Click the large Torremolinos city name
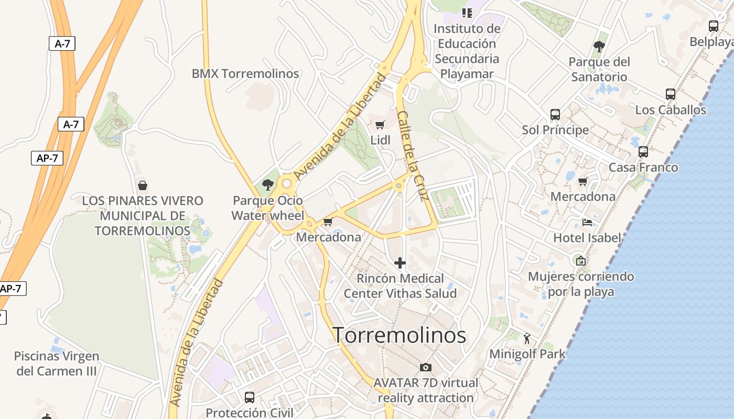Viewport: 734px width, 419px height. pos(400,335)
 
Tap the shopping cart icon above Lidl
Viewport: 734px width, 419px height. pos(380,125)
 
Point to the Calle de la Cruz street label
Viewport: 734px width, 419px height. pos(413,156)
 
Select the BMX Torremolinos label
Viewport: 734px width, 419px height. pos(245,74)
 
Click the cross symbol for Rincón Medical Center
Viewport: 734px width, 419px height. pos(400,262)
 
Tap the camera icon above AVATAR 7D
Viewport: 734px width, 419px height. pos(426,367)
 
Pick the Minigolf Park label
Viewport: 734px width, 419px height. pos(527,354)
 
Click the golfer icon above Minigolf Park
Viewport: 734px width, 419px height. pos(527,338)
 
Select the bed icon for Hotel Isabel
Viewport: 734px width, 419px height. pos(587,223)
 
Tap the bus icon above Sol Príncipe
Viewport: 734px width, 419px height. pos(555,114)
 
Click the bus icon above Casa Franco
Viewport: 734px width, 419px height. pos(643,152)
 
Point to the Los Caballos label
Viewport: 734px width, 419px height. pos(671,110)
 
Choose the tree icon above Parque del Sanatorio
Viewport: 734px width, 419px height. pos(599,47)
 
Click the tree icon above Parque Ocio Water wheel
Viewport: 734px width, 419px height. pos(268,184)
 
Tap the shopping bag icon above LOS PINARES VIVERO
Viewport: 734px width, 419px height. pos(142,185)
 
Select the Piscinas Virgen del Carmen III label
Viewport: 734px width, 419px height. pos(57,363)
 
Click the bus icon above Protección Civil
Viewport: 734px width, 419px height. pos(250,397)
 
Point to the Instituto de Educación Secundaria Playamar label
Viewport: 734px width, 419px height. pos(467,51)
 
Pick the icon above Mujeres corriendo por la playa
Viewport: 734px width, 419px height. pos(580,260)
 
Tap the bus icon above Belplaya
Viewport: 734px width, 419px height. pos(714,26)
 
